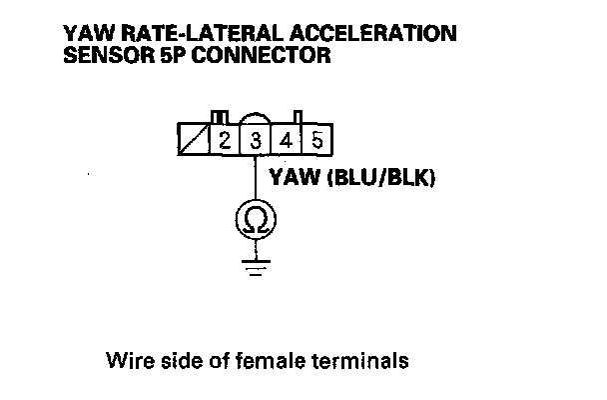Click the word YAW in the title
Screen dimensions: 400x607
[84, 34]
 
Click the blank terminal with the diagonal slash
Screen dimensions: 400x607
[193, 139]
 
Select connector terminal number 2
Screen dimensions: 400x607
[225, 139]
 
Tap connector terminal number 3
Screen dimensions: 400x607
[256, 139]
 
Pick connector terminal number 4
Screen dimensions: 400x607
[287, 139]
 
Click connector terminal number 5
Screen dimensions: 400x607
[315, 139]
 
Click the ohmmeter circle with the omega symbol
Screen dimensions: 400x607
[256, 219]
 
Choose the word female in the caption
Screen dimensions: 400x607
[274, 360]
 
